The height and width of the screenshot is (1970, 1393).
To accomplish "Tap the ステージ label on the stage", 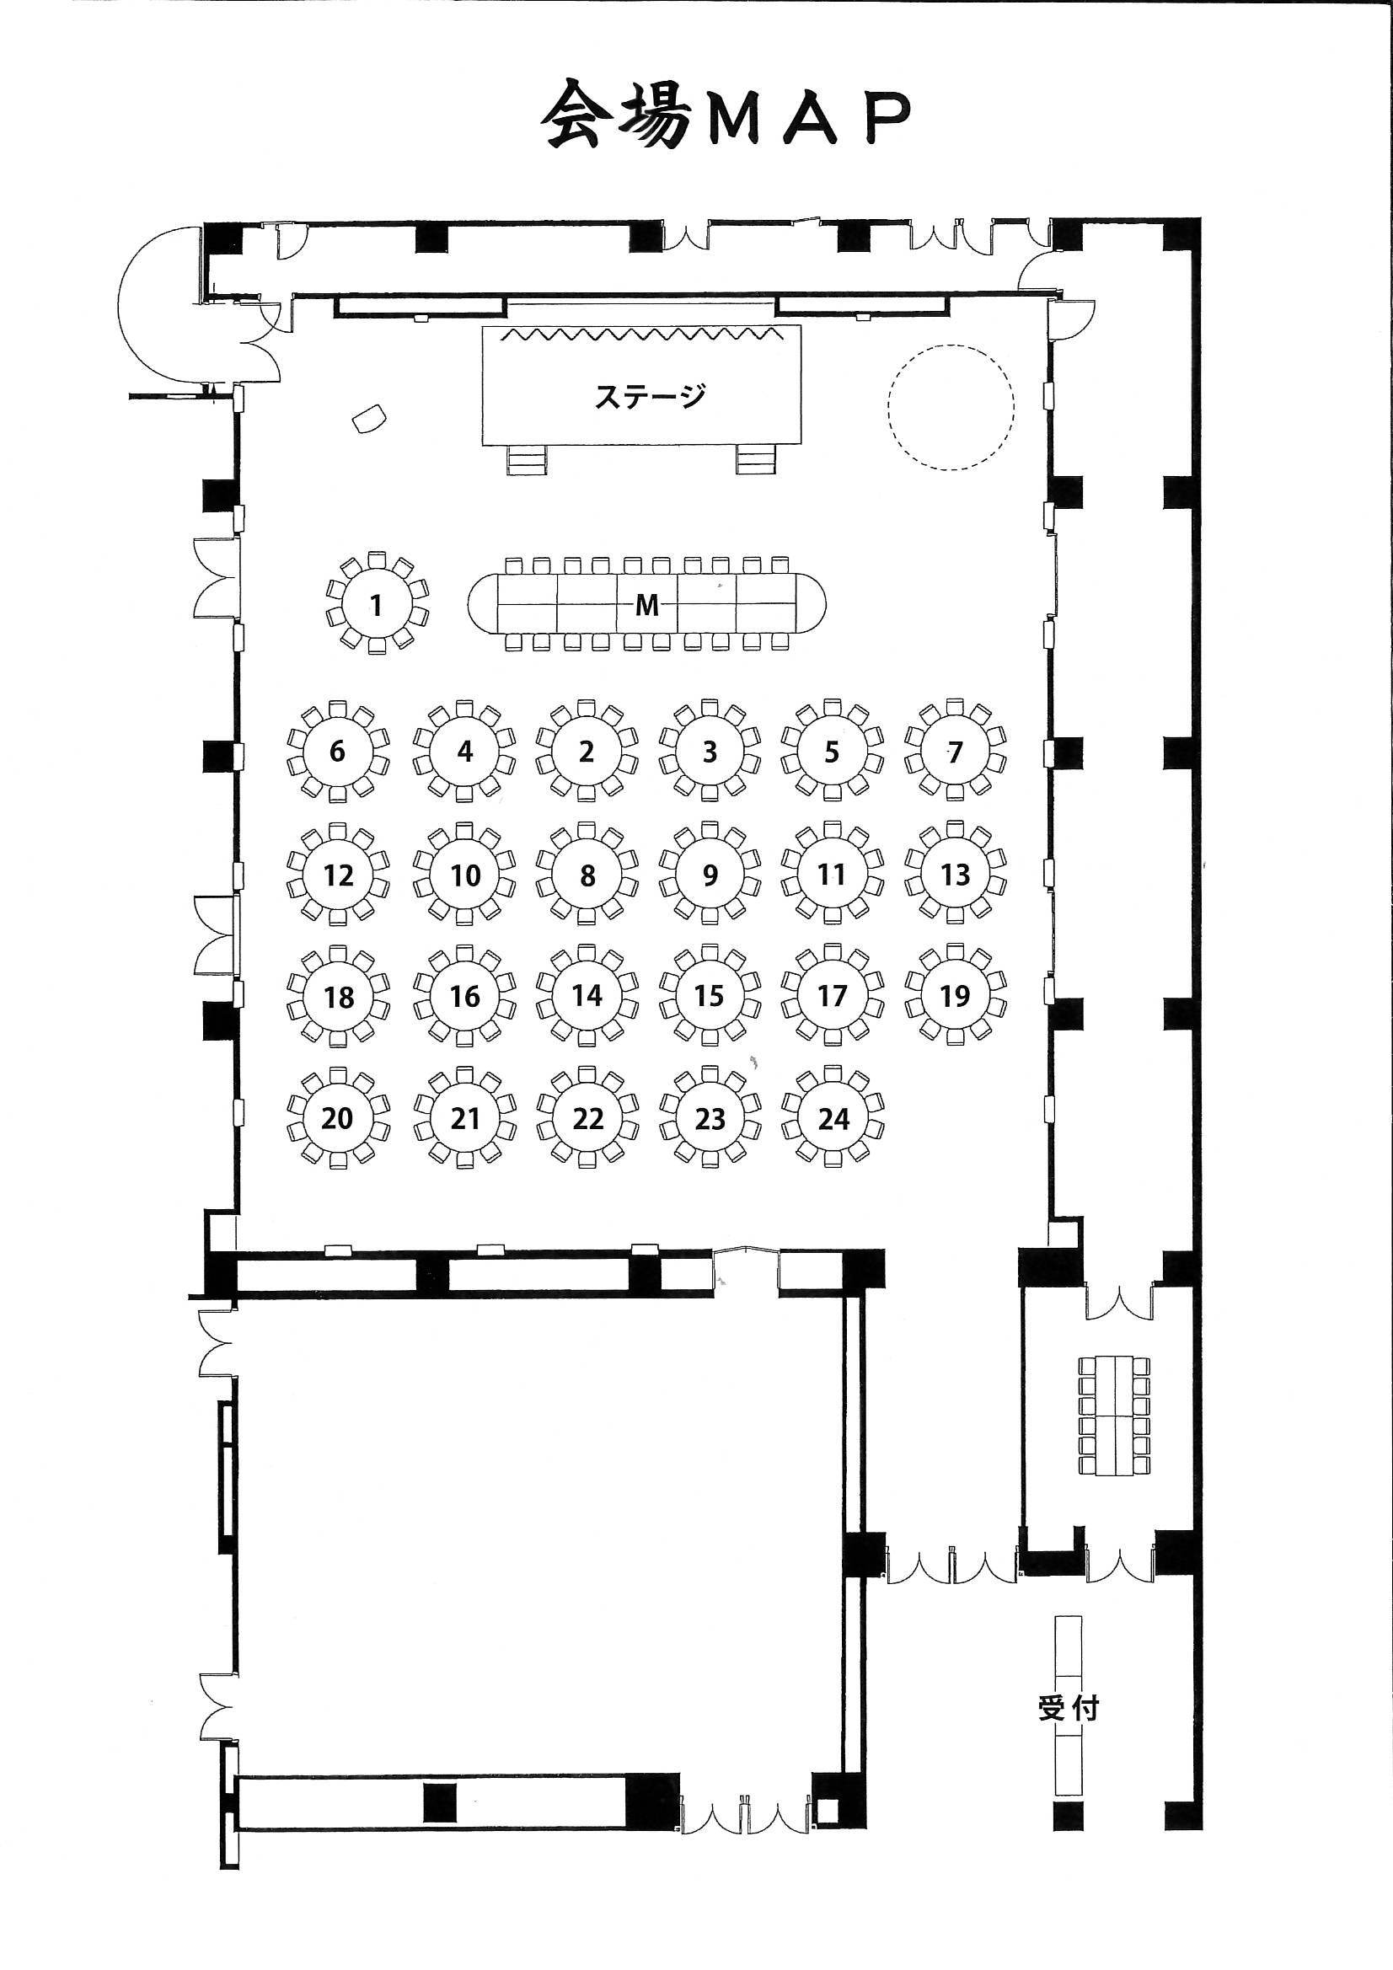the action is tap(650, 395).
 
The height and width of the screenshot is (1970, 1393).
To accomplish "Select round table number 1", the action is tap(377, 605).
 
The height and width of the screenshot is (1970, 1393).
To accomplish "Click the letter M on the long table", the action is tap(647, 606).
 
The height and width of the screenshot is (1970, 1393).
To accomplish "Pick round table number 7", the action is tap(955, 752).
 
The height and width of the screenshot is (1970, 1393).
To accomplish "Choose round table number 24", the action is tap(833, 1118).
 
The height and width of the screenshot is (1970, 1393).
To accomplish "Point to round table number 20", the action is tap(337, 1118).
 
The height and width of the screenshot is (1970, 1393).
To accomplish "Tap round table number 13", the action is tap(955, 875).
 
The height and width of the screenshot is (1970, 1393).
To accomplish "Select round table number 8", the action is tap(587, 875).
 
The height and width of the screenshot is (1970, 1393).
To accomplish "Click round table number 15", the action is tap(710, 996).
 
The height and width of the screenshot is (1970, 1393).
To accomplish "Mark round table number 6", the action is tap(337, 752).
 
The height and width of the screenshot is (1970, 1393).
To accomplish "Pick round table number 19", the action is tap(955, 996).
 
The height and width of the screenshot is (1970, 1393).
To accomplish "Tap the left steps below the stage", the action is tap(527, 460).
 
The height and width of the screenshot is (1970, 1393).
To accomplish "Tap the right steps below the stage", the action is tap(755, 460).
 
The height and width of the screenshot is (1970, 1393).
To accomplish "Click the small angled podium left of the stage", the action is tap(369, 420).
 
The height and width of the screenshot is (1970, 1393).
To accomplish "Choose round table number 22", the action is tap(587, 1118).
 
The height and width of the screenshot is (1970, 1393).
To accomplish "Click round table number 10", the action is tap(464, 875).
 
